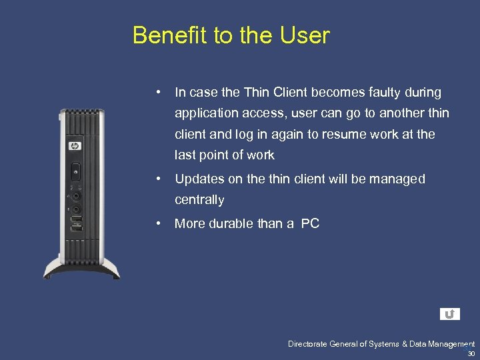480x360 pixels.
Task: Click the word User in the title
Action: [306, 35]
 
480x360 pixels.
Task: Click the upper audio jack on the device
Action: [77, 197]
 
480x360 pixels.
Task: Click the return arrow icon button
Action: [450, 314]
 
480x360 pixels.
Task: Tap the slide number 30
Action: [471, 353]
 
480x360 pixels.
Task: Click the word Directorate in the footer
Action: [308, 344]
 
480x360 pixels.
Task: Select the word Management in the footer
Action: [448, 344]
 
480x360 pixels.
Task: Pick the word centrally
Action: [199, 200]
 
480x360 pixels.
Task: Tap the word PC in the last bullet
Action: [310, 224]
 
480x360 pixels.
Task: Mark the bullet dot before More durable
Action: [159, 224]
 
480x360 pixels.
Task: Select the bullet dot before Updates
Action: [159, 179]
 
